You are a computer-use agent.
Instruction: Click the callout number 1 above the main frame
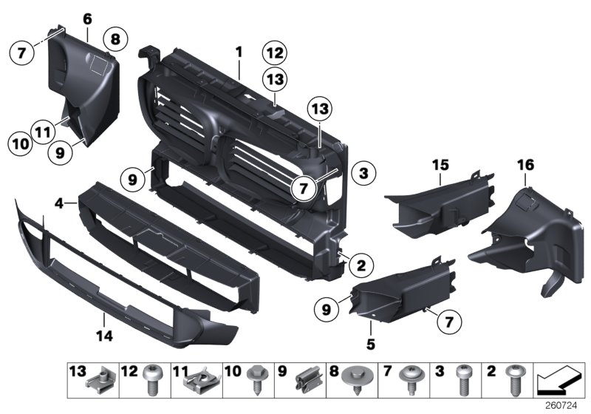pos(239,52)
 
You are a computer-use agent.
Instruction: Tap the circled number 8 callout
pos(115,39)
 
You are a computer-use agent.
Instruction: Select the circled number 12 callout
pos(275,52)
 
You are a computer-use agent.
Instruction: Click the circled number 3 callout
pos(363,174)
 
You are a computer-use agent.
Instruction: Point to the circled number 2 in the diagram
pos(361,265)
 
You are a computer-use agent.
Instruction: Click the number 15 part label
pos(440,165)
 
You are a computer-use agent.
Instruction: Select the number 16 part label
pos(525,165)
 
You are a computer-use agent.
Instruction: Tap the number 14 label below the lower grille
pos(104,336)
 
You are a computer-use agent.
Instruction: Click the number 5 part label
pos(371,344)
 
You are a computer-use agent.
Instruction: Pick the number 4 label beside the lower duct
pos(59,203)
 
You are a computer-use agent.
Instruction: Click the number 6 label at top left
pos(87,19)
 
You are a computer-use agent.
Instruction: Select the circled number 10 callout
pos(21,143)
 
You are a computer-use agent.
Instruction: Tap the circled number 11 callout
pos(43,132)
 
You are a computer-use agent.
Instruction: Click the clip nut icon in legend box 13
pos(100,381)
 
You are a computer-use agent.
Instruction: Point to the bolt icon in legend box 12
pos(152,380)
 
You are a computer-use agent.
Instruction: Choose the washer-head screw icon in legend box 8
pos(355,380)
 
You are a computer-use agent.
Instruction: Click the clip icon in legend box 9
pos(309,379)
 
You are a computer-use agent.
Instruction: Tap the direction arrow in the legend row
pos(559,380)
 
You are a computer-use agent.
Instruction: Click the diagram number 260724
pos(561,406)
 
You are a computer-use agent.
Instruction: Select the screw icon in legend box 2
pos(514,380)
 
